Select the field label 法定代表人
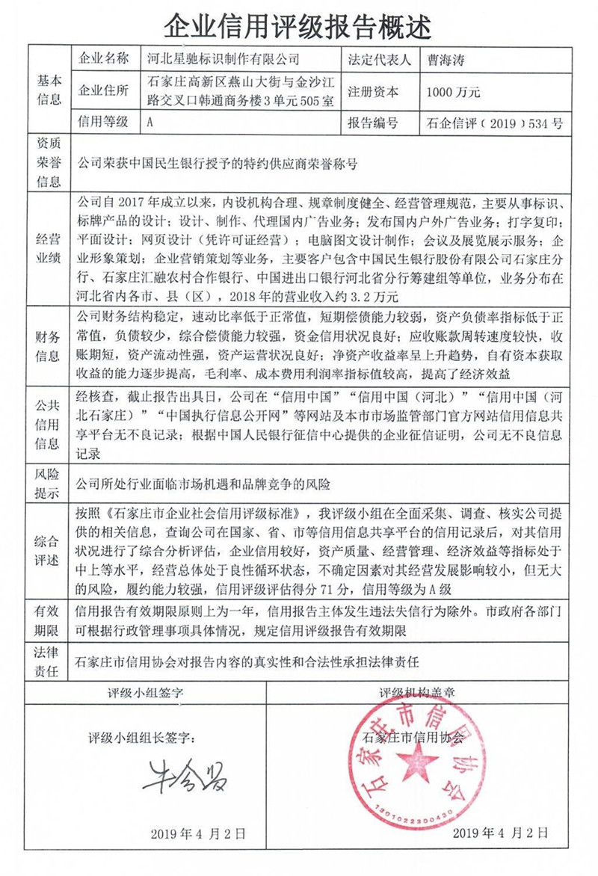(x=375, y=58)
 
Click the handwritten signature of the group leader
(x=184, y=777)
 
